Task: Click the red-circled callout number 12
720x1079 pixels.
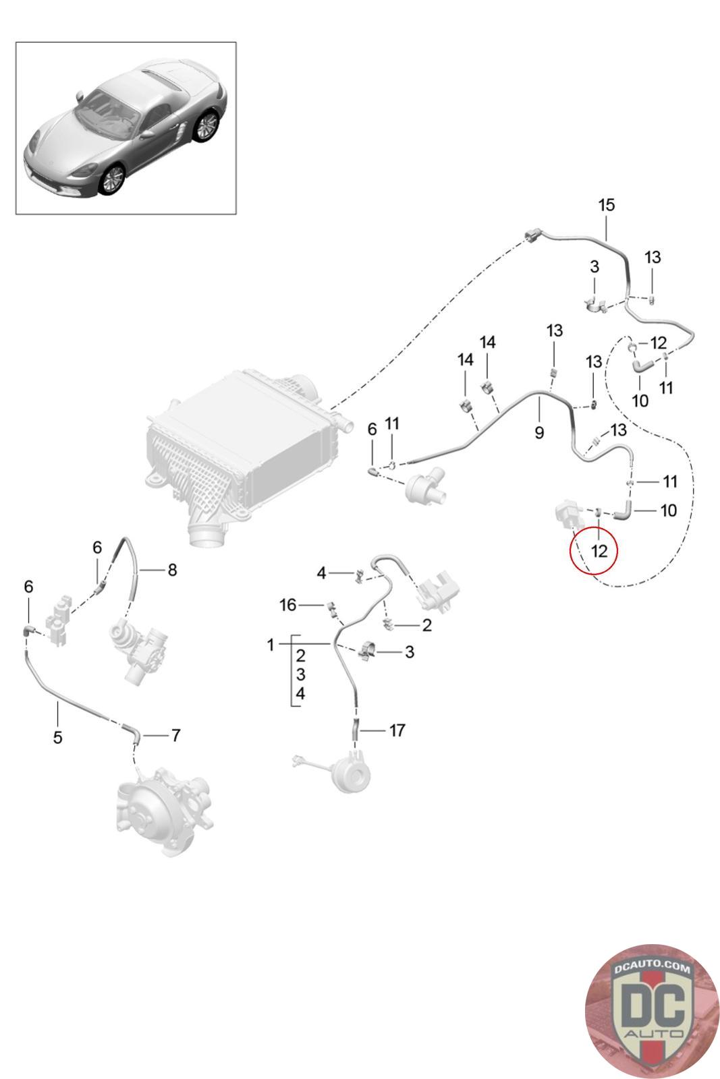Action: pyautogui.click(x=599, y=550)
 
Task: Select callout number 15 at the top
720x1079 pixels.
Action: pyautogui.click(x=606, y=205)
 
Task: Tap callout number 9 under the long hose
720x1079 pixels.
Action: pyautogui.click(x=539, y=432)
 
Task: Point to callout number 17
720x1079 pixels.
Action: pyautogui.click(x=397, y=730)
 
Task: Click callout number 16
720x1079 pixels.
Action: pyautogui.click(x=287, y=604)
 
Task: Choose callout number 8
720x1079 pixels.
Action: pyautogui.click(x=173, y=570)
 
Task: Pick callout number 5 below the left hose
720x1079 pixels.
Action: pyautogui.click(x=57, y=738)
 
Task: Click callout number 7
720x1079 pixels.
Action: pyautogui.click(x=175, y=735)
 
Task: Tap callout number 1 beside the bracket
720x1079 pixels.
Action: pyautogui.click(x=271, y=645)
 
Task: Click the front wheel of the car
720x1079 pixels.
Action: pyautogui.click(x=112, y=179)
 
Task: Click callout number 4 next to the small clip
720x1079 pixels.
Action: pyautogui.click(x=321, y=573)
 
